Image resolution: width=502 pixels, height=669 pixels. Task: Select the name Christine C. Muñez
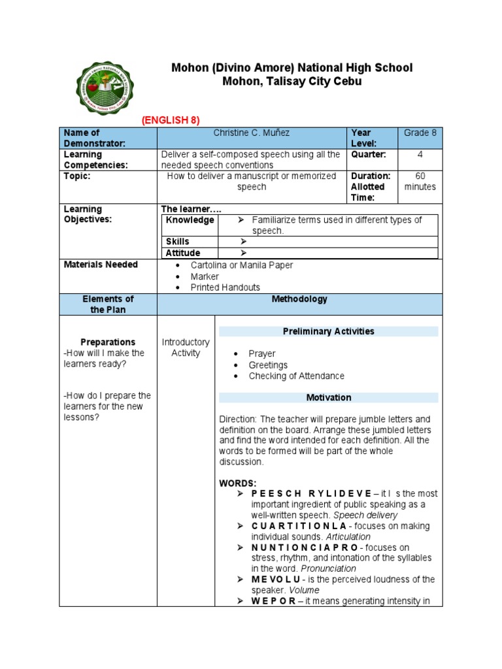coord(252,133)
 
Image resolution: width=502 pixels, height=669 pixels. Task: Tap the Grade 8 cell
coord(420,133)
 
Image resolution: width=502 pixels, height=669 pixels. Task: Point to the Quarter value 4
coord(420,155)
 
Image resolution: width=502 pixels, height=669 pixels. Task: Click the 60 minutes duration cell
coord(420,182)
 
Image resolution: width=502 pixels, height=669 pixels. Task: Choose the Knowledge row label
coord(190,220)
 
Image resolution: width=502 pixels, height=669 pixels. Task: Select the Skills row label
coord(177,242)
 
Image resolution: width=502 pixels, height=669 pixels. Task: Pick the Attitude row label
coord(182,253)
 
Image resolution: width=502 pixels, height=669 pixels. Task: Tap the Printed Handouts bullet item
coord(225,287)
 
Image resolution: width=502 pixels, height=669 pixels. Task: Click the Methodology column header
coord(300,299)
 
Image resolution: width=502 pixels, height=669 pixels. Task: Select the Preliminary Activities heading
coord(328,331)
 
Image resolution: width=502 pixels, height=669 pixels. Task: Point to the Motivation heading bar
coord(328,397)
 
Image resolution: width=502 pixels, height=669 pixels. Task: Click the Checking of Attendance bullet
coord(296,376)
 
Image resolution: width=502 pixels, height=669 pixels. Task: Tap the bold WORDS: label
coord(238,483)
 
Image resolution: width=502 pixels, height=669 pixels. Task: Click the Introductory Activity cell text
coord(186,348)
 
